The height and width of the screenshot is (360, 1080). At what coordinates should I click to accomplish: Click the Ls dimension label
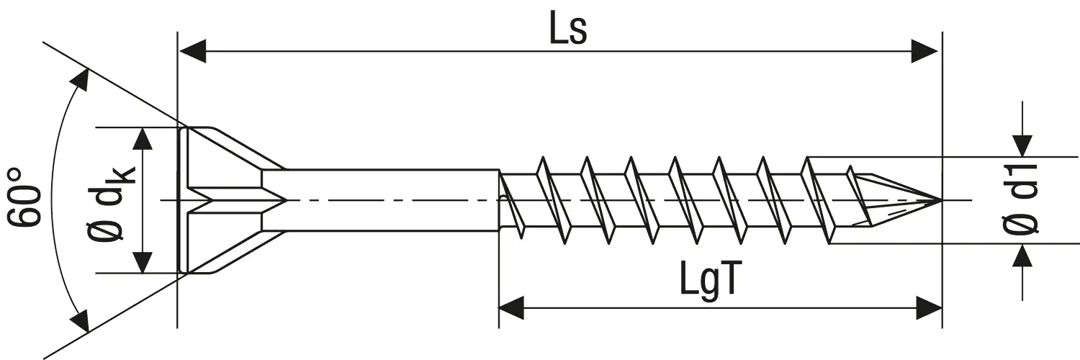568,30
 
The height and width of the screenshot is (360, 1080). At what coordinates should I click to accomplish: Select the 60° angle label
25,198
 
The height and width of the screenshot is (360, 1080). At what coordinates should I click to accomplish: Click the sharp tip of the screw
940,199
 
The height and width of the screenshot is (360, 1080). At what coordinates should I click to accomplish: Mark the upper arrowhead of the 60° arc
81,80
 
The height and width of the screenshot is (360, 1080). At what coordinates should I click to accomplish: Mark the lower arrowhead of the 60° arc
81,320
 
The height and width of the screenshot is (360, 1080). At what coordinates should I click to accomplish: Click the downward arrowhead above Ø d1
1022,144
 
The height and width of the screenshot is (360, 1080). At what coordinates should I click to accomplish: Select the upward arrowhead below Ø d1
1022,256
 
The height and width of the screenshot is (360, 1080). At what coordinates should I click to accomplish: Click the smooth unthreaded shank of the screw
389,200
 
